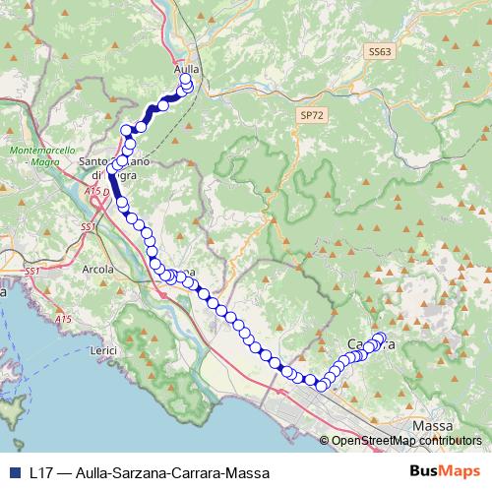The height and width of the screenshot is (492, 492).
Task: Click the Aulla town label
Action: point(186,69)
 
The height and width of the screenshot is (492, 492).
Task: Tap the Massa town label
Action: point(433,425)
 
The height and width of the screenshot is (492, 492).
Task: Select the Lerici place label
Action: point(103,350)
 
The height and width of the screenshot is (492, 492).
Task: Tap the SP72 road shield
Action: point(311,115)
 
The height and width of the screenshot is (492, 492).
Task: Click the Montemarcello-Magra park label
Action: point(41,155)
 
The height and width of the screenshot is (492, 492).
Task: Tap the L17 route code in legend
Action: point(41,472)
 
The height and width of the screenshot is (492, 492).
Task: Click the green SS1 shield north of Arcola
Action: point(88,227)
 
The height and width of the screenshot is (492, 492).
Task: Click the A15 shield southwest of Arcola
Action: point(63,319)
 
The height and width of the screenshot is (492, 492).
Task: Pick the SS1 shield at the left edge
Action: point(31,270)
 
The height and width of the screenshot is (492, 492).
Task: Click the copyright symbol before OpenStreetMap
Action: point(326,441)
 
